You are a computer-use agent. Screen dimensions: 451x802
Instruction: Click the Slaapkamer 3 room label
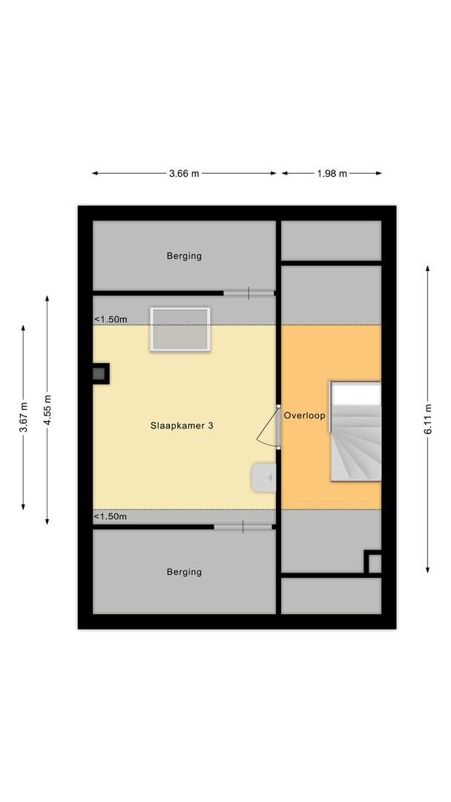point(182,426)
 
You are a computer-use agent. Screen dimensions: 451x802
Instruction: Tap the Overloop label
point(304,416)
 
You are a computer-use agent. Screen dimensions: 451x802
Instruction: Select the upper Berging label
point(184,255)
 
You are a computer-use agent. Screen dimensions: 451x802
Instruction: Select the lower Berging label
point(184,572)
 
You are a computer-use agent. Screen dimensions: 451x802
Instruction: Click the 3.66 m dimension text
point(184,173)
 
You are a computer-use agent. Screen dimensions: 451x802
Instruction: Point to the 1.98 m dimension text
point(332,173)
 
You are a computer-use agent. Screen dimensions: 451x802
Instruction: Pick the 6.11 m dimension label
point(428,420)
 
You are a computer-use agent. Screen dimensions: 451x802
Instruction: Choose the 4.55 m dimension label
point(47,410)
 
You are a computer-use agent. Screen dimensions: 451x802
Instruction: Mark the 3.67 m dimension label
point(24,417)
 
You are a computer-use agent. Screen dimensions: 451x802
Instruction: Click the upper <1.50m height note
point(111,319)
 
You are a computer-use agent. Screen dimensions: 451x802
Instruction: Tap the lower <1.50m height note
point(111,517)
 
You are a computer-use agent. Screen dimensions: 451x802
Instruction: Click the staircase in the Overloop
point(355,431)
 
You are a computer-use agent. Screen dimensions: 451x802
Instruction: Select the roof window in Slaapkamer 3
point(180,330)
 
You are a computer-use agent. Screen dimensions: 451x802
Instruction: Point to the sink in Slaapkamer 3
point(263,477)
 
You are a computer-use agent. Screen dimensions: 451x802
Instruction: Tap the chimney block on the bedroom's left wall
point(100,374)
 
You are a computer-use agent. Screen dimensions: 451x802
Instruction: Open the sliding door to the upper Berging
point(248,293)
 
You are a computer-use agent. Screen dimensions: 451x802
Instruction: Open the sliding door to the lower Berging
point(243,526)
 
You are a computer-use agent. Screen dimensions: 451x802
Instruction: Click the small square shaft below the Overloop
point(373,562)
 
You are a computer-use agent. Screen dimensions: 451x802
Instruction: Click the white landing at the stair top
point(357,394)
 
